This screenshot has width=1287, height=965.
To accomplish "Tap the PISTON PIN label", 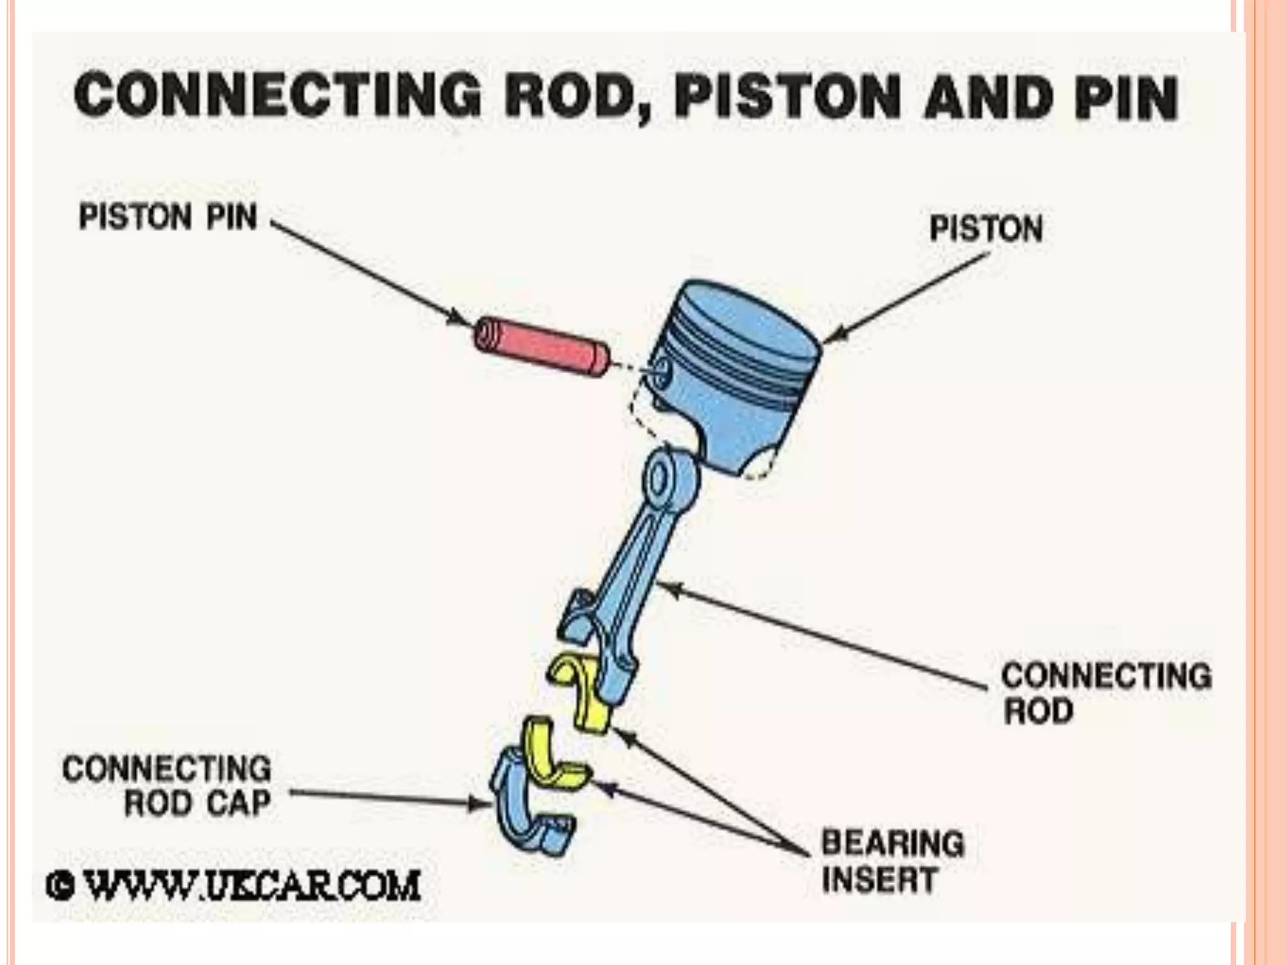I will click(x=168, y=217).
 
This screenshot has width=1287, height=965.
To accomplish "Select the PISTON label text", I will click(x=986, y=229).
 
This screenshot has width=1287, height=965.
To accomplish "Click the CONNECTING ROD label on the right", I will click(x=1105, y=693).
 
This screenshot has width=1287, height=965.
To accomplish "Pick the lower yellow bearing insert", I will click(x=553, y=757).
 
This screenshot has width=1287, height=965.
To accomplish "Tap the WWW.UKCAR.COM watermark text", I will click(x=251, y=886).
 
